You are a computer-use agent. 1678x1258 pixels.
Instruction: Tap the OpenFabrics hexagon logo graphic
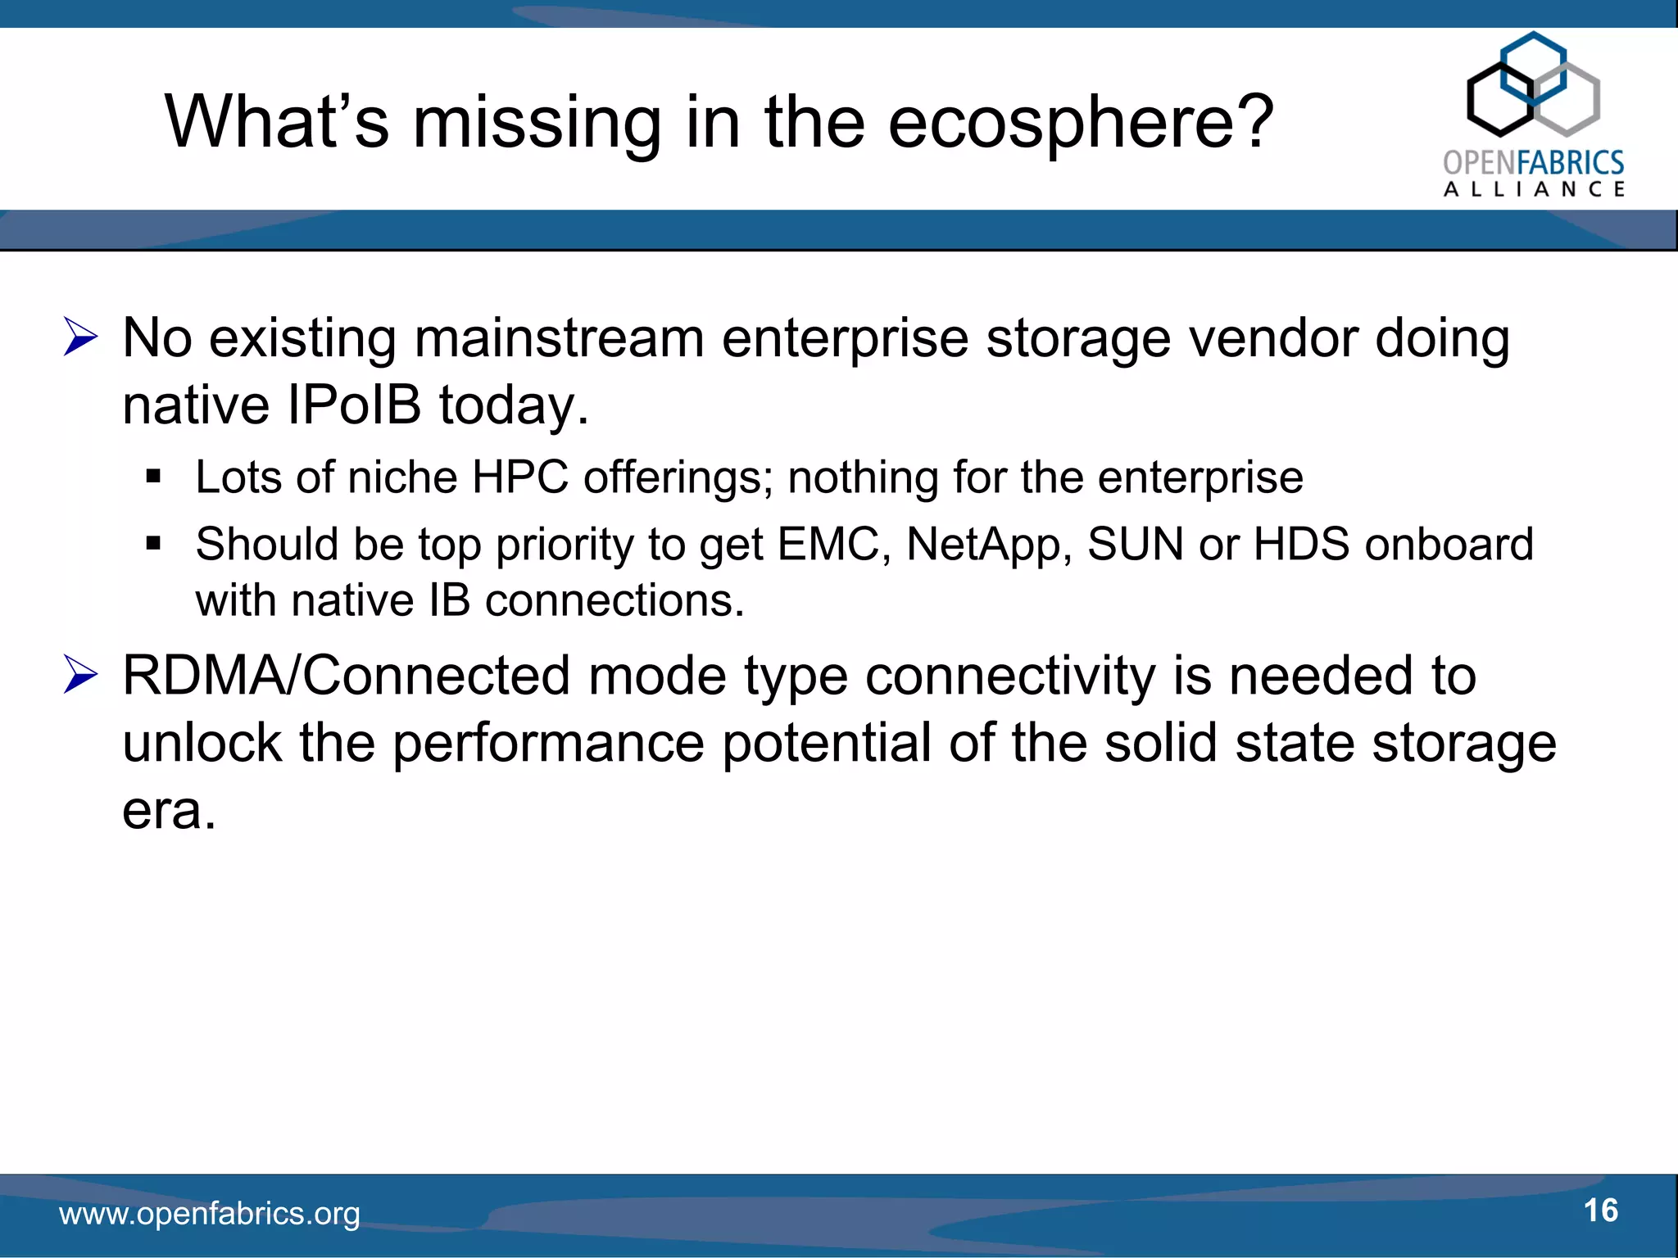coord(1533,84)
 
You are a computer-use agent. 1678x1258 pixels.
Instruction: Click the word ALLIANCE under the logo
coord(1534,189)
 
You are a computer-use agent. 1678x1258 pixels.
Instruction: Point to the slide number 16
coord(1600,1210)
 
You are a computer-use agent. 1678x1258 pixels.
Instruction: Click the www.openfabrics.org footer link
coord(210,1214)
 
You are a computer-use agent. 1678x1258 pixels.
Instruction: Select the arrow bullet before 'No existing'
coord(80,338)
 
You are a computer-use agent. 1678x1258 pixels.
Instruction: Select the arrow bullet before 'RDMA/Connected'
coord(80,677)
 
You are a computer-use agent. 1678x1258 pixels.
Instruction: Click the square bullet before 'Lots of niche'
coord(153,477)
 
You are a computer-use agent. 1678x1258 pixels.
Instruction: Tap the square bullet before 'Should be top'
coord(153,543)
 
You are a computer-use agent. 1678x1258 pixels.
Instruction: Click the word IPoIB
coord(354,405)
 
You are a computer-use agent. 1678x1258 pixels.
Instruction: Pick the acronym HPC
coord(520,477)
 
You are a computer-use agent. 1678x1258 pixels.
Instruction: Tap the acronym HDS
coord(1301,544)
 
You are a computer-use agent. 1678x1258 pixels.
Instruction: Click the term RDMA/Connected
coord(346,677)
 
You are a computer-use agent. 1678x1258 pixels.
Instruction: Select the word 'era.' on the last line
coord(170,811)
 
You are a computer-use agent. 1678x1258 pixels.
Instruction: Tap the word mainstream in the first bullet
coord(560,338)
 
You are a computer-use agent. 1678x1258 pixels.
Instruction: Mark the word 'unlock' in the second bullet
coord(202,744)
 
